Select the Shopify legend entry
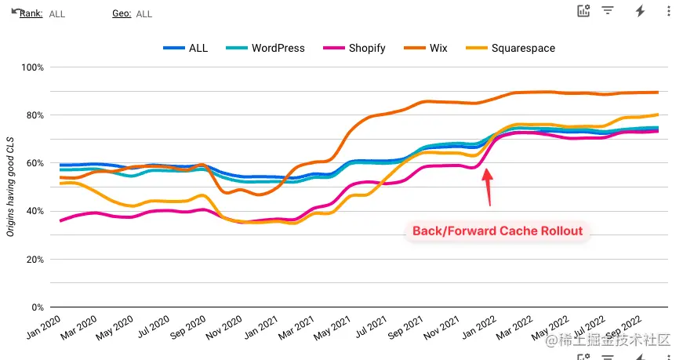(x=366, y=48)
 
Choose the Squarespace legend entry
(x=522, y=48)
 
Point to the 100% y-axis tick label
(x=32, y=67)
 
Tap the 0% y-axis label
(x=35, y=307)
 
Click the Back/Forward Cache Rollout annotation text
(x=497, y=231)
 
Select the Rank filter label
(x=31, y=14)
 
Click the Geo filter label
(x=122, y=14)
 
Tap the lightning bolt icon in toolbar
(x=640, y=11)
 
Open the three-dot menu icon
(x=668, y=11)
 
